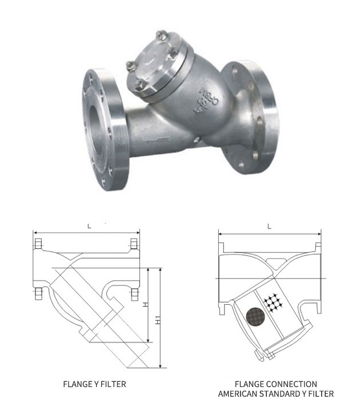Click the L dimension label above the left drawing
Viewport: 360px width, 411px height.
89,227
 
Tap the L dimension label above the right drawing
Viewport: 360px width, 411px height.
269,227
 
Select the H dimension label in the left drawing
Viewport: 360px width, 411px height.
146,305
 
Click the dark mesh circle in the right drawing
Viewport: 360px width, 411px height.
254,316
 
